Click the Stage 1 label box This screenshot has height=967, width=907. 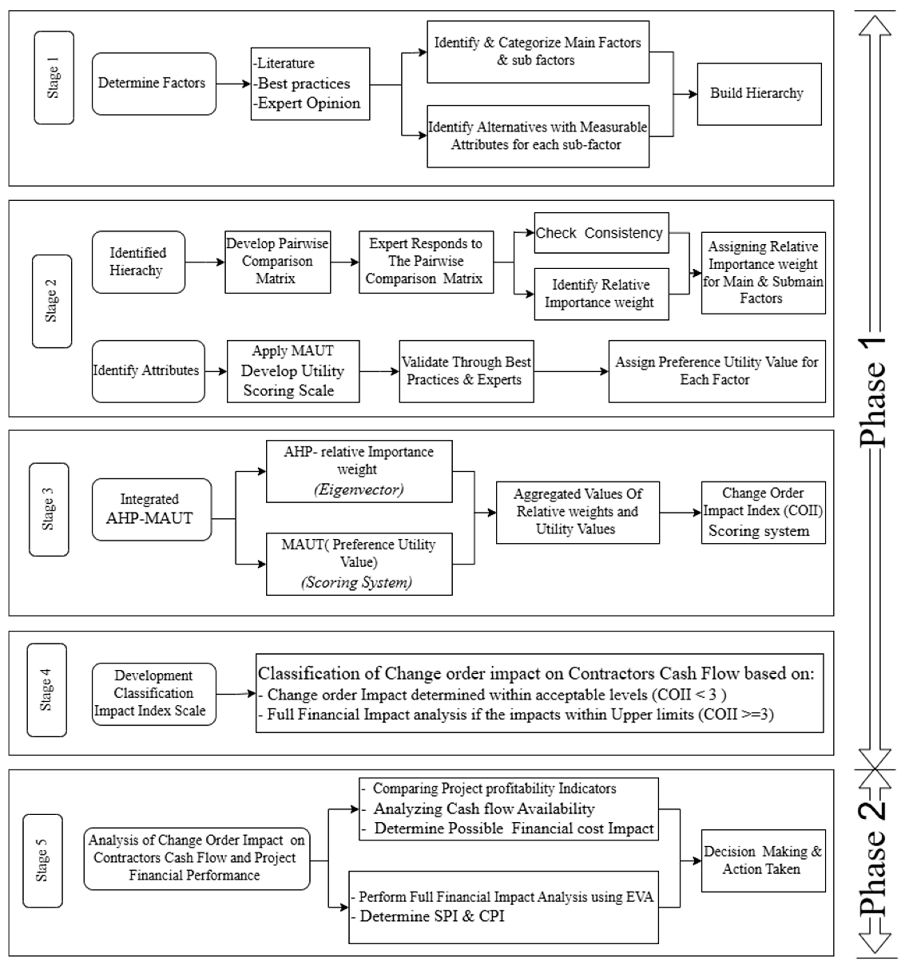(x=54, y=78)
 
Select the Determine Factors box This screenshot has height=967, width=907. (x=154, y=84)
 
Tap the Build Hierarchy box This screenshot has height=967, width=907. (x=759, y=94)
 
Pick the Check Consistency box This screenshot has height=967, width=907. (x=601, y=233)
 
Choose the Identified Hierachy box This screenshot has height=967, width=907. (x=138, y=262)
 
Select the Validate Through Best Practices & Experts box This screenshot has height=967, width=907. (x=466, y=371)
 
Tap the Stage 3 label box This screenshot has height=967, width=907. (x=49, y=509)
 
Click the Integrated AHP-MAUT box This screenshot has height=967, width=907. (x=151, y=509)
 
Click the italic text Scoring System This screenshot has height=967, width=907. (x=357, y=582)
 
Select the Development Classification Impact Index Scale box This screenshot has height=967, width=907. (x=154, y=694)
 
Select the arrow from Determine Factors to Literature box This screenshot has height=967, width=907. (x=233, y=84)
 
